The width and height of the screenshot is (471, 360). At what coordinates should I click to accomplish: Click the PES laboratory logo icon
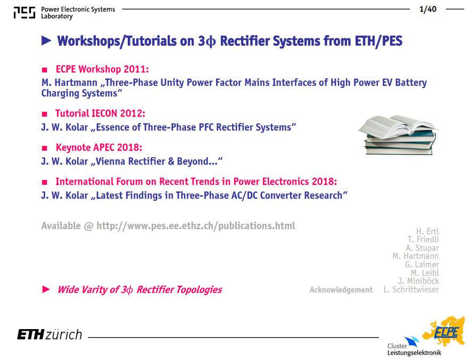tap(24, 13)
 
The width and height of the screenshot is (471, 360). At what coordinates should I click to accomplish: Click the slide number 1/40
tap(428, 9)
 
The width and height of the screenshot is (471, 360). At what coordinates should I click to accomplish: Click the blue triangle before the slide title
tap(46, 41)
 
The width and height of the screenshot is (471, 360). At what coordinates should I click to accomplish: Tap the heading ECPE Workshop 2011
tap(102, 69)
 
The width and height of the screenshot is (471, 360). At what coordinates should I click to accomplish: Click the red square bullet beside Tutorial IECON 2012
tap(45, 114)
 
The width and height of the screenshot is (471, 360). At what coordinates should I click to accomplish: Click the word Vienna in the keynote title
tap(111, 161)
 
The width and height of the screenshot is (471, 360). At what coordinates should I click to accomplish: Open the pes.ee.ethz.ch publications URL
tap(196, 226)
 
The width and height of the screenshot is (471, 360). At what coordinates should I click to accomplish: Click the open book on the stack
tap(398, 126)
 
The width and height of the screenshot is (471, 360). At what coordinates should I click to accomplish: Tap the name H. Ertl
tap(427, 231)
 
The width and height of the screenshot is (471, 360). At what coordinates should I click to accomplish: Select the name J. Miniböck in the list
tap(418, 281)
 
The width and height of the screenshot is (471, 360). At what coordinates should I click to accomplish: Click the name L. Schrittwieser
tap(411, 290)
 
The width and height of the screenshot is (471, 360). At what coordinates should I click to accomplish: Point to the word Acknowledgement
tap(341, 290)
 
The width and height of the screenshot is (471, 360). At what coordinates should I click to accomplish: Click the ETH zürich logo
tap(49, 334)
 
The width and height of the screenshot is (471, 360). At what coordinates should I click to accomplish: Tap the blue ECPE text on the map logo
tap(447, 332)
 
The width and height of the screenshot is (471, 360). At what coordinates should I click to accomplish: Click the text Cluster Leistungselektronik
tap(414, 349)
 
